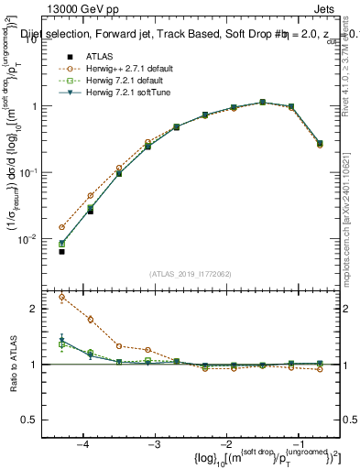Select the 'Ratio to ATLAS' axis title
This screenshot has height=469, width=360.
[x=16, y=364]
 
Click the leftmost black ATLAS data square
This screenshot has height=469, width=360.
[x=61, y=251]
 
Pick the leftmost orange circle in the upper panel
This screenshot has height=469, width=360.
[x=61, y=227]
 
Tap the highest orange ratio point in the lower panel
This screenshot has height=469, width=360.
[x=61, y=297]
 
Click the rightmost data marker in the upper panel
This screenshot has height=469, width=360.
[x=319, y=144]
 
